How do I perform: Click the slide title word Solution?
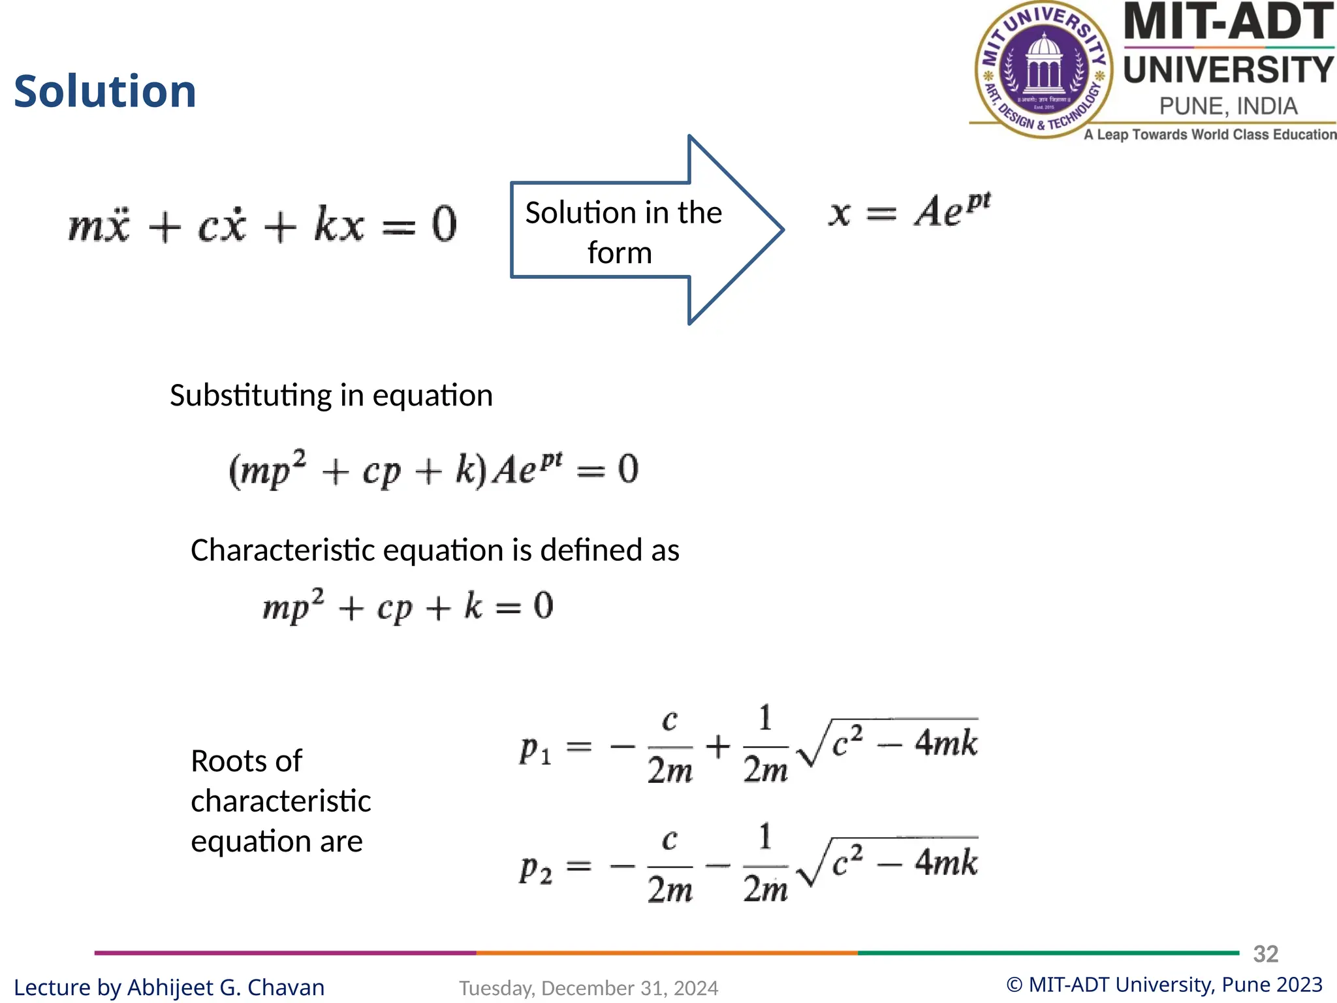pyautogui.click(x=105, y=91)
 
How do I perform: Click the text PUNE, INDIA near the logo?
pyautogui.click(x=1228, y=106)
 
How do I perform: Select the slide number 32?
pyautogui.click(x=1265, y=954)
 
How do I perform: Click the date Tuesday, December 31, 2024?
pyautogui.click(x=588, y=988)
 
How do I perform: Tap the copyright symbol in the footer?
pyautogui.click(x=1014, y=985)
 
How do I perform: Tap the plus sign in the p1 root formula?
pyautogui.click(x=717, y=746)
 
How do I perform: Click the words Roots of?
pyautogui.click(x=246, y=761)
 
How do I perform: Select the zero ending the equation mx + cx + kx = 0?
pyautogui.click(x=444, y=225)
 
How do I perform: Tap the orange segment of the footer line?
pyautogui.click(x=667, y=953)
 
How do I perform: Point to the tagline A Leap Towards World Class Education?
pyautogui.click(x=1210, y=135)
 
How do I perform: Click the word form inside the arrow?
pyautogui.click(x=620, y=253)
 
